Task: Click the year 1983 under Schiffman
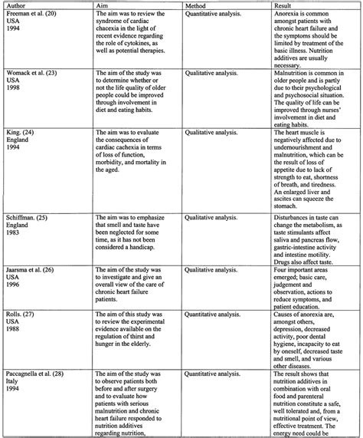click(13, 235)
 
